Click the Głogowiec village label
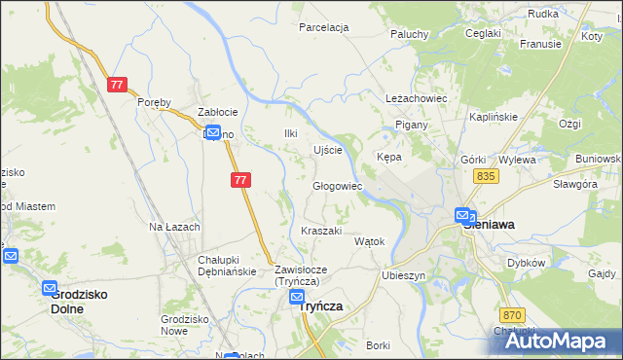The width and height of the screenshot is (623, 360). [337, 186]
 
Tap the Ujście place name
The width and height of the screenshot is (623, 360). [327, 150]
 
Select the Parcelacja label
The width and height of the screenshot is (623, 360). [324, 27]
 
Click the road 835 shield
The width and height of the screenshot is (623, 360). [488, 175]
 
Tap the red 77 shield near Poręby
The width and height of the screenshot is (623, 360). [117, 85]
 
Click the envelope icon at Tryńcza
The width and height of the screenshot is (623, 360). [298, 300]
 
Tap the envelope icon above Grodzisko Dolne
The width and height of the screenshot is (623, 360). [50, 288]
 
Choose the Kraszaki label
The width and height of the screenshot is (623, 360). [321, 231]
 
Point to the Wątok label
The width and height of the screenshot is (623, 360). [370, 241]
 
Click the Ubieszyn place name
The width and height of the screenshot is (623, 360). [405, 275]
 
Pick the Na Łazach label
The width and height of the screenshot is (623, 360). [174, 227]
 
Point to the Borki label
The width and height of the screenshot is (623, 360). [379, 345]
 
